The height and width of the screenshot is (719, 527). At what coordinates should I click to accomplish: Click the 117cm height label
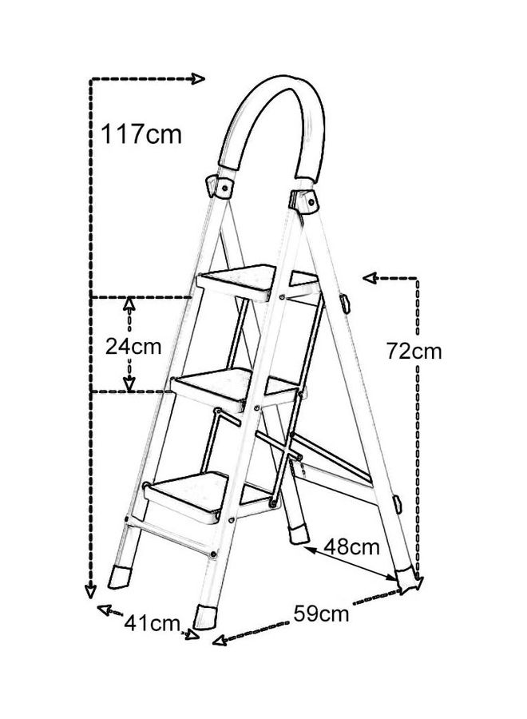coord(141,133)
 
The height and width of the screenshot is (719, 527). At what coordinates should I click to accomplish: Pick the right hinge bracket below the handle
coord(305,201)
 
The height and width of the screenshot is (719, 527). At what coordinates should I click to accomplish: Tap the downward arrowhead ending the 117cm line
coord(90,591)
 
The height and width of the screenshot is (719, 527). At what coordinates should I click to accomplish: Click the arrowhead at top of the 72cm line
coord(370,277)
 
